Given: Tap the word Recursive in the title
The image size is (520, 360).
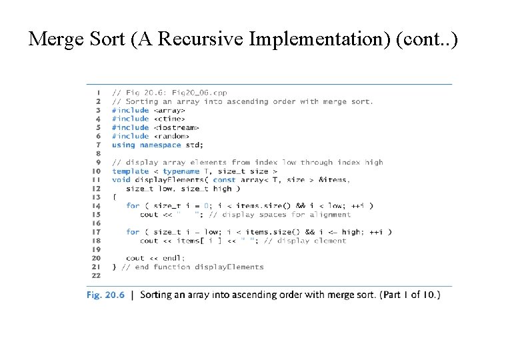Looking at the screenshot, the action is click(x=203, y=39).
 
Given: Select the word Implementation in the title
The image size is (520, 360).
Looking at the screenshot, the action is click(x=319, y=39).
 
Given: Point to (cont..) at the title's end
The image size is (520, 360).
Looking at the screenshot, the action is click(x=427, y=39).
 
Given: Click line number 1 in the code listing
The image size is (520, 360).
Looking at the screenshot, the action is click(x=99, y=93).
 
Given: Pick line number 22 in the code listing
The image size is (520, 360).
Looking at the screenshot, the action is click(x=96, y=275).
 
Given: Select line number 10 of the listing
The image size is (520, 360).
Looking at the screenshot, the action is click(x=96, y=171).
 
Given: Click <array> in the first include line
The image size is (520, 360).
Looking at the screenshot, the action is click(x=169, y=110).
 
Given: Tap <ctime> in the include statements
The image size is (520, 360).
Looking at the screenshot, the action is click(x=169, y=119).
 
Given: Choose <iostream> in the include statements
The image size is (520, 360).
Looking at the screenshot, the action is click(x=176, y=127).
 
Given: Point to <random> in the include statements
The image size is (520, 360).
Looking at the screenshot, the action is click(x=171, y=136).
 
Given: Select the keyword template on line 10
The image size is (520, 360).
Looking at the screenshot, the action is click(x=130, y=171).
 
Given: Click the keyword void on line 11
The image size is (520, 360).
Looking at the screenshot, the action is click(x=121, y=179).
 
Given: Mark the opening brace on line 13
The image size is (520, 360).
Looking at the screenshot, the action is click(x=114, y=197).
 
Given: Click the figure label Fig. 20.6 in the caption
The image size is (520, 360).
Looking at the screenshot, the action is click(x=106, y=295).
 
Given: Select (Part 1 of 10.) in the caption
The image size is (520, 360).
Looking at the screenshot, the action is click(x=410, y=295).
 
